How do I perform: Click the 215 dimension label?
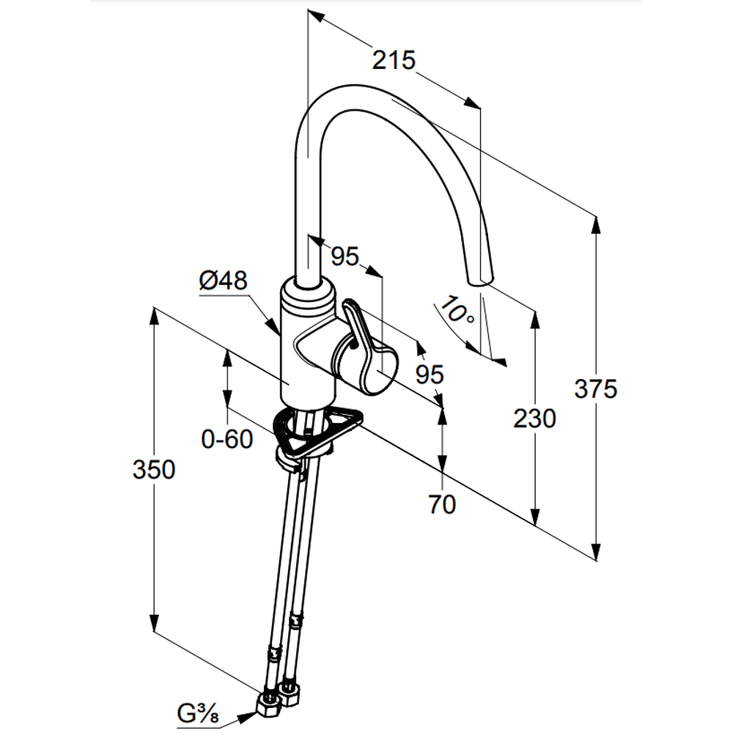point(394,59)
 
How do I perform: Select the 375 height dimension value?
point(596,389)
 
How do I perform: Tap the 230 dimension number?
point(534,419)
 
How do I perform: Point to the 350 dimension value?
point(154,469)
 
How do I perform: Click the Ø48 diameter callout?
point(223,281)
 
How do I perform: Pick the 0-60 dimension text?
point(227,439)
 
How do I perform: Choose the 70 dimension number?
point(442,504)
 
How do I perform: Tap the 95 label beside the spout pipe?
point(345,256)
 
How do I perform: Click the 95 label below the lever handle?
point(430,375)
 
